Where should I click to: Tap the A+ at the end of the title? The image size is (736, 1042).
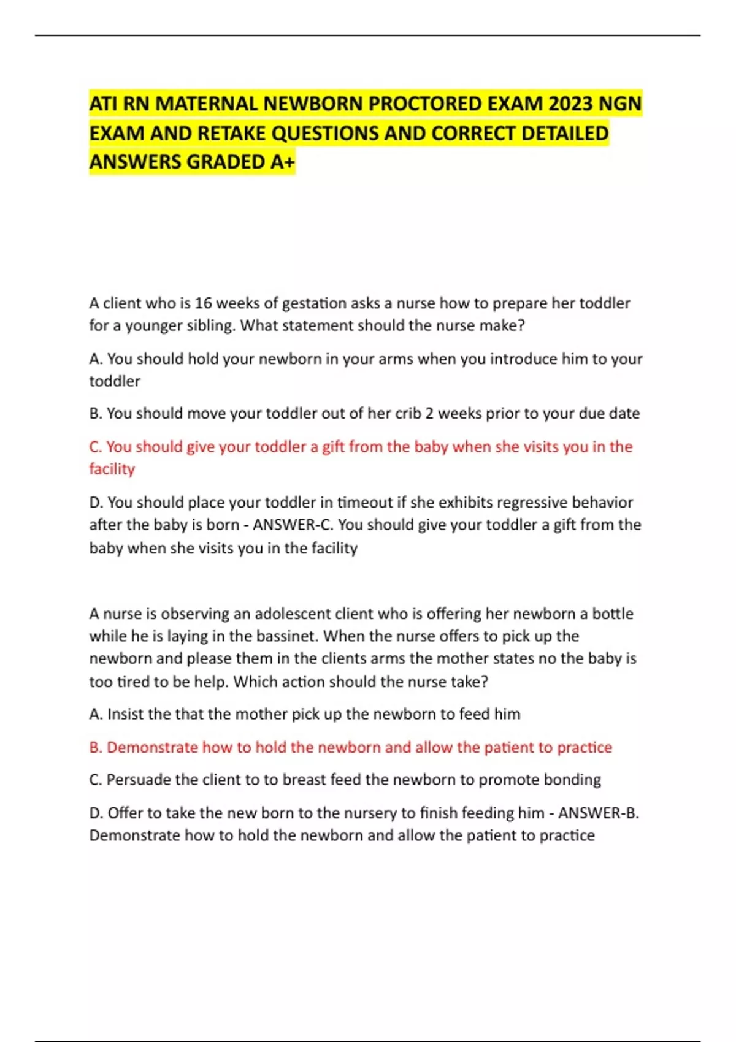282,162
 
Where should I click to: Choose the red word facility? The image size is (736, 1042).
112,469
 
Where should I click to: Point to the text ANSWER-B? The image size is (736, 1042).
598,813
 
